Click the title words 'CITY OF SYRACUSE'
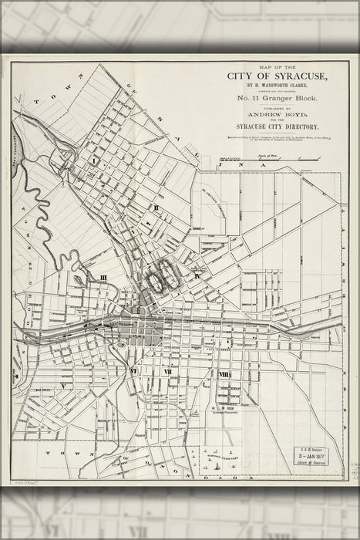coord(278,76)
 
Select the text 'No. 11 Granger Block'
coord(278,100)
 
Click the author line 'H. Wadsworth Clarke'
coord(278,86)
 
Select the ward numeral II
coord(155,207)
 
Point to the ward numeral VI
coord(135,370)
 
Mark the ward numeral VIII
coord(224,374)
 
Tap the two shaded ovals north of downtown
coord(163,279)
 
